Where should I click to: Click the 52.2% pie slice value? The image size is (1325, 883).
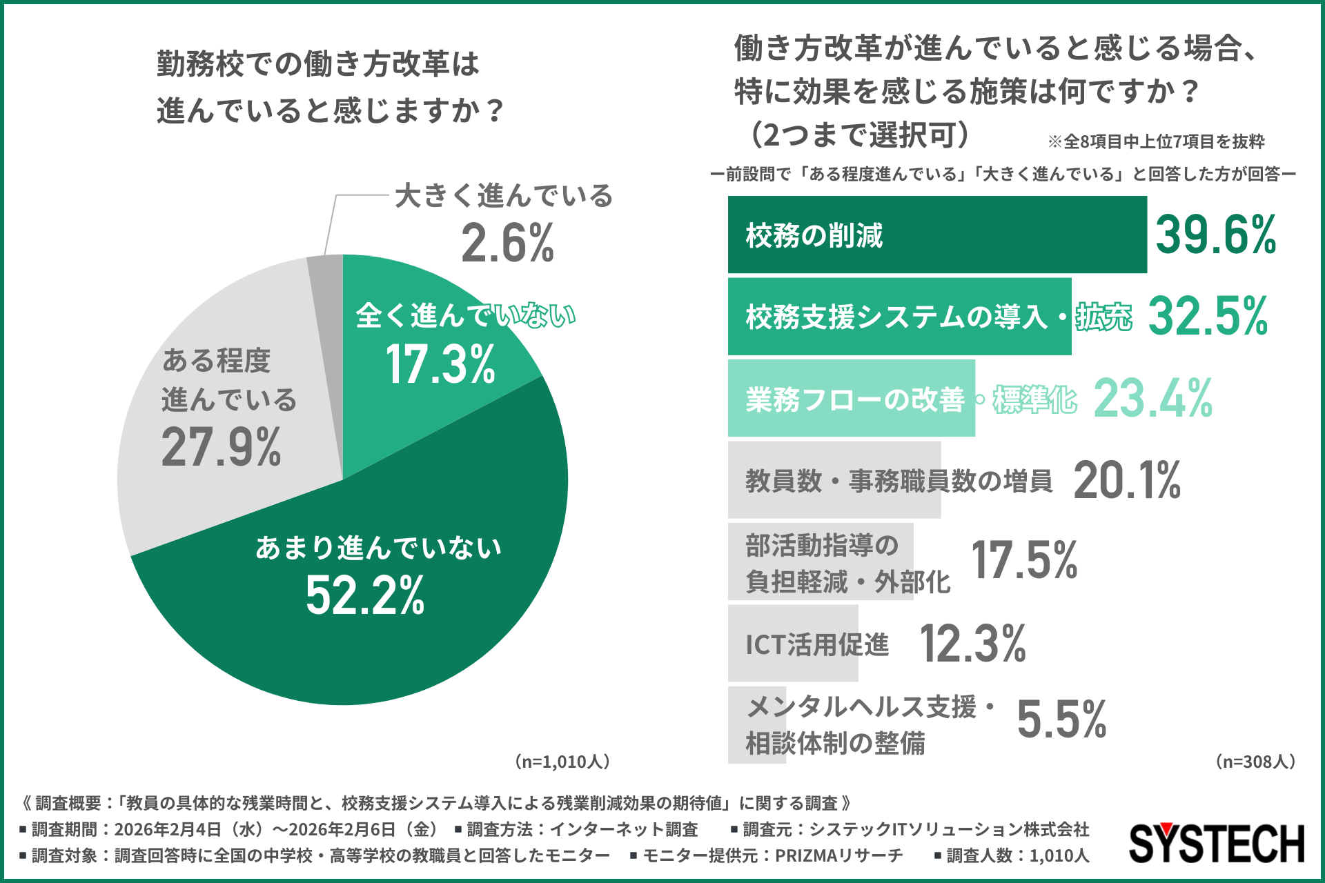point(365,596)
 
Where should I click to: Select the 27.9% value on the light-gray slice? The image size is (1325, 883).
point(221,448)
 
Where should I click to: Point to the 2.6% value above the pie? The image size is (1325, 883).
point(507,243)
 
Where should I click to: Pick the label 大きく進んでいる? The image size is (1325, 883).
point(504,196)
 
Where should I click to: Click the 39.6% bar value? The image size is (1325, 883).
point(1216,235)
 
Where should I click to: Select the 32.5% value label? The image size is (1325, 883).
point(1208,317)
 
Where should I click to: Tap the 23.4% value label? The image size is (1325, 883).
point(1153,399)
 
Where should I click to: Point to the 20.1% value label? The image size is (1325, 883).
point(1127,480)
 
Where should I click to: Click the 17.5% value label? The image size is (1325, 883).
point(1024,560)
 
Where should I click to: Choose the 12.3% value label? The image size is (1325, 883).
point(973,644)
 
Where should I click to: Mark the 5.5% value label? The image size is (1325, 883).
point(1061,720)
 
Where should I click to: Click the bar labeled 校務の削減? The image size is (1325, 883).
point(936,235)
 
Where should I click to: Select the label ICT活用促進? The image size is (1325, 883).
point(817,644)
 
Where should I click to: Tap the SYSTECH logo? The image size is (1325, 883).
point(1216,843)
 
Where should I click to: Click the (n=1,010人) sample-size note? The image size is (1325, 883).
point(562,762)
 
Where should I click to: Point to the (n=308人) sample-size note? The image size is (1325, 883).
point(1255,762)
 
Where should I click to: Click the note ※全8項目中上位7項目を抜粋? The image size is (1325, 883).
point(1156,142)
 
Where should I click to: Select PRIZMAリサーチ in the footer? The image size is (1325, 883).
point(838,855)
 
